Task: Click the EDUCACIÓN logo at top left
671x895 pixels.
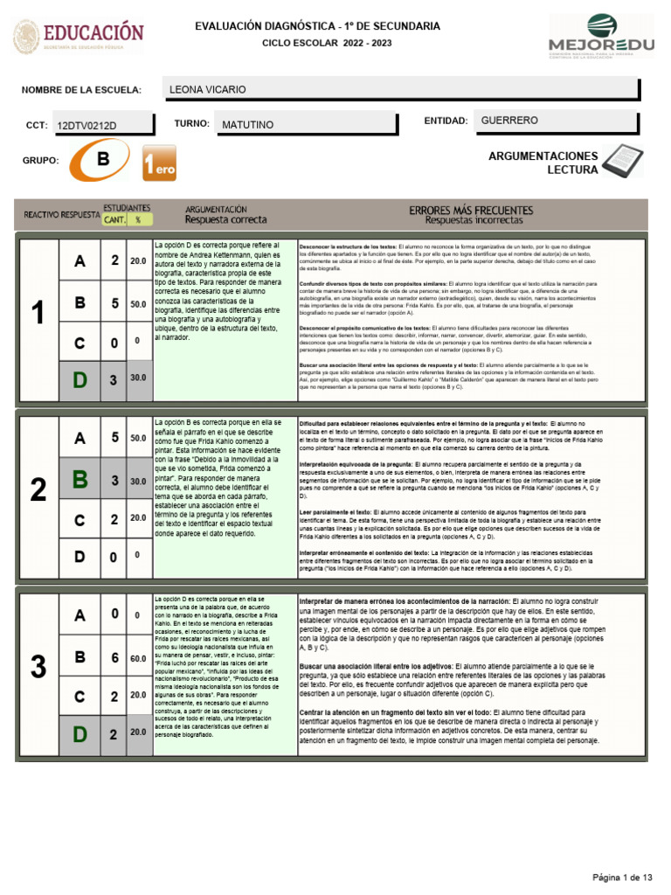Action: point(79,37)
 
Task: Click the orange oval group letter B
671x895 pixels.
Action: point(103,160)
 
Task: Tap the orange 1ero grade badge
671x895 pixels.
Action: point(159,164)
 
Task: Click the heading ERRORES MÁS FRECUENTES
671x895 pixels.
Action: point(471,211)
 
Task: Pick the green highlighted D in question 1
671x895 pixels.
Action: point(80,378)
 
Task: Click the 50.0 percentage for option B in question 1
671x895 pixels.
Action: point(138,303)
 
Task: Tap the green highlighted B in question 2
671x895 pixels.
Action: point(80,480)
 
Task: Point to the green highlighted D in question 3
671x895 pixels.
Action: point(80,734)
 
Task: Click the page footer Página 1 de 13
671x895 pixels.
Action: point(623,877)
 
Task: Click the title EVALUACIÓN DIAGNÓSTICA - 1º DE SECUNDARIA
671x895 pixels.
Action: point(316,27)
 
